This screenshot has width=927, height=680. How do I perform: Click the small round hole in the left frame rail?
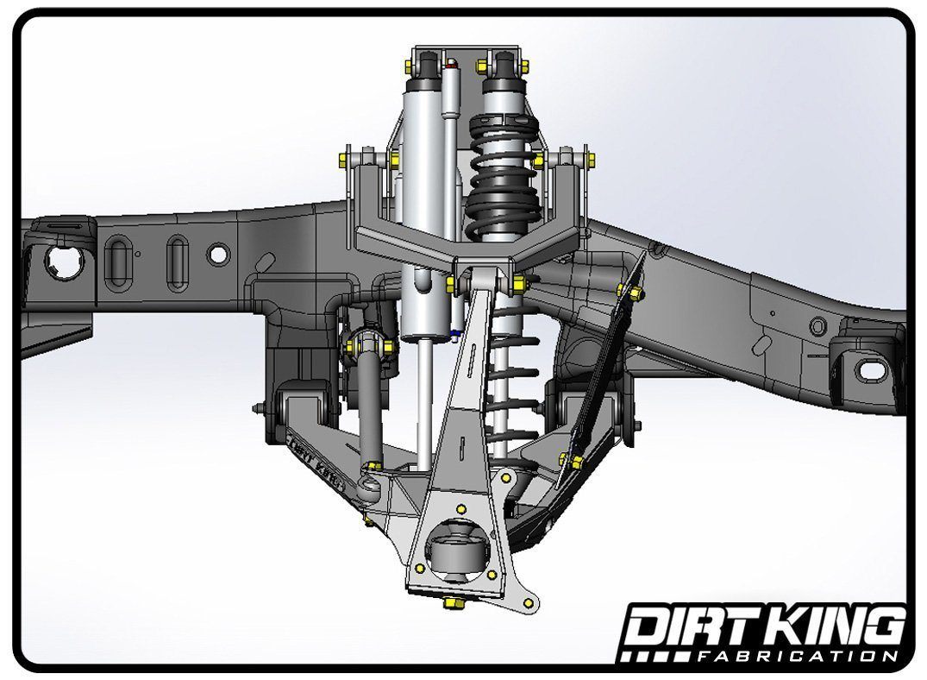pyautogui.click(x=219, y=255)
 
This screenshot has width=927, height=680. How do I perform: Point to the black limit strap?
pyautogui.click(x=604, y=371)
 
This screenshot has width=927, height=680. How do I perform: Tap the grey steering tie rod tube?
pyautogui.click(x=368, y=406)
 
